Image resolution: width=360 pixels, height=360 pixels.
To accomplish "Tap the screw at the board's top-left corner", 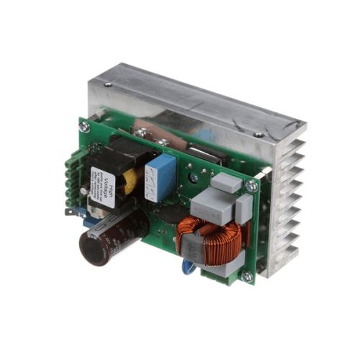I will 84,127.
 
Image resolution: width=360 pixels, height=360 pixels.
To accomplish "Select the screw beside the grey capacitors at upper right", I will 251,186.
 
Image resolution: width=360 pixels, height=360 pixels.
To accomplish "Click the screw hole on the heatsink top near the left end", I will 108,84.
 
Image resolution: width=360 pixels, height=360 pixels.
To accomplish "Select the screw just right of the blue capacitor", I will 193,177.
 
